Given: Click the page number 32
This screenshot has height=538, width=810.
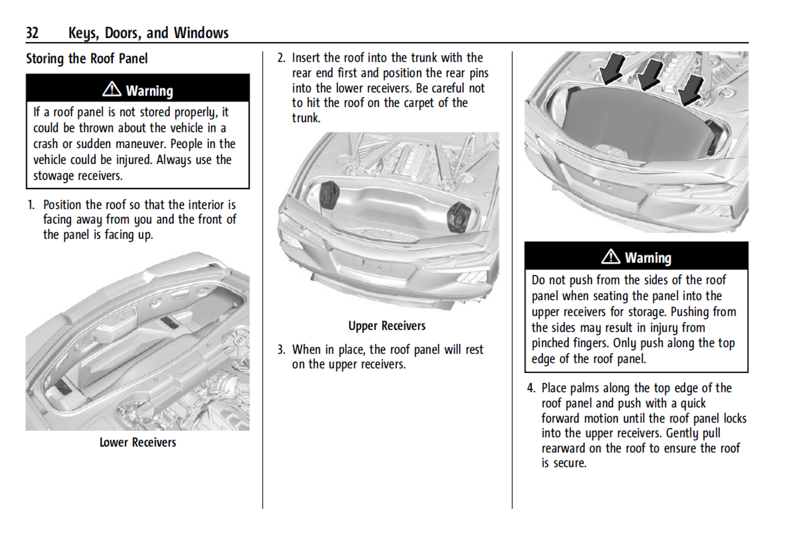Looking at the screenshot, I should click(x=32, y=33).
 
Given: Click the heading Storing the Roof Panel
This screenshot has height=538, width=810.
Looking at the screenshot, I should click(x=87, y=59).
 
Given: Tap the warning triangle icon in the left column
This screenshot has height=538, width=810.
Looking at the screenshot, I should click(x=112, y=89).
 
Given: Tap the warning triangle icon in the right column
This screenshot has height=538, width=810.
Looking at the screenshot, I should click(x=610, y=257).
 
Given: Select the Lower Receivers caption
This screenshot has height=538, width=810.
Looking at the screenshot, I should click(x=138, y=443).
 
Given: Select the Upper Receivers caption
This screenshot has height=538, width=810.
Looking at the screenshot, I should click(x=387, y=326).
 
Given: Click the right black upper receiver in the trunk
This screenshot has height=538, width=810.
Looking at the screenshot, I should click(x=459, y=217).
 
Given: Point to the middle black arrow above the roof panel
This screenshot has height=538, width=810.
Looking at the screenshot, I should click(x=650, y=73).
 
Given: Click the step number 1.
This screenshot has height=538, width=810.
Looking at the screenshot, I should click(x=31, y=205).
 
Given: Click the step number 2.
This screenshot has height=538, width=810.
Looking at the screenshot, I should click(x=281, y=58).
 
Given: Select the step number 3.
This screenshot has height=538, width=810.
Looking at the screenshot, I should click(x=281, y=350).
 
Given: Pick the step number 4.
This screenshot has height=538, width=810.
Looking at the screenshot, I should click(x=530, y=388).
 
